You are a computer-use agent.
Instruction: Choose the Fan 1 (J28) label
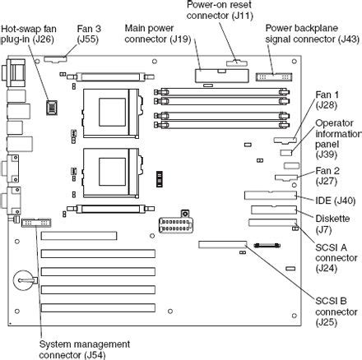click(329, 99)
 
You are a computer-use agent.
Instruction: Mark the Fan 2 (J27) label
click(329, 175)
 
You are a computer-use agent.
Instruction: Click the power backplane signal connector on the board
click(271, 76)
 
